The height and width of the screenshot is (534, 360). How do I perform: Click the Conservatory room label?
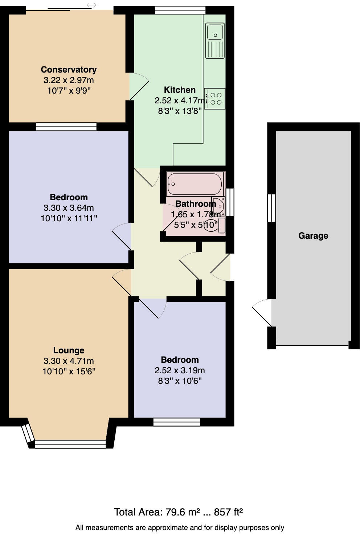pos(69,70)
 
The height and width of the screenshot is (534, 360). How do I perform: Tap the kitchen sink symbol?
pos(215,40)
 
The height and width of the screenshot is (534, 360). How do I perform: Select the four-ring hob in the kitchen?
pos(214,98)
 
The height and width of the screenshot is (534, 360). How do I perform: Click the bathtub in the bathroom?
pos(195,184)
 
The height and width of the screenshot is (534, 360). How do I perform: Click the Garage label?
pos(313,236)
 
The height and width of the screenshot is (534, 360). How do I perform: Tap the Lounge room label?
pos(69,350)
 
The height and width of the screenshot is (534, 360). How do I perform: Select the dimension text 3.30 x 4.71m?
pos(69,361)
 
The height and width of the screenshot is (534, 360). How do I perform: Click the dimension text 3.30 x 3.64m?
pos(69,208)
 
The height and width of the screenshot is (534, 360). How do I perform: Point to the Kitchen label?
pos(180,90)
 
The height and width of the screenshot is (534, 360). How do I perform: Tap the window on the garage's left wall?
pos(271,208)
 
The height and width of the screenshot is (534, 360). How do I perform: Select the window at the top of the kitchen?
pos(180,10)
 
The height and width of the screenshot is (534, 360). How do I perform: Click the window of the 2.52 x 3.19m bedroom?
pos(177,422)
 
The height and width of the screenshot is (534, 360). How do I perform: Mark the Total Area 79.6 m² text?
pos(178,512)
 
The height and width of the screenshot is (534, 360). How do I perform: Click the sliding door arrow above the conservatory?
pos(91,5)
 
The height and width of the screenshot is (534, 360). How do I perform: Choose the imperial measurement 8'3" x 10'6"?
pos(180,381)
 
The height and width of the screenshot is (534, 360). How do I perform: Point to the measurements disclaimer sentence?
pos(180,527)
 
